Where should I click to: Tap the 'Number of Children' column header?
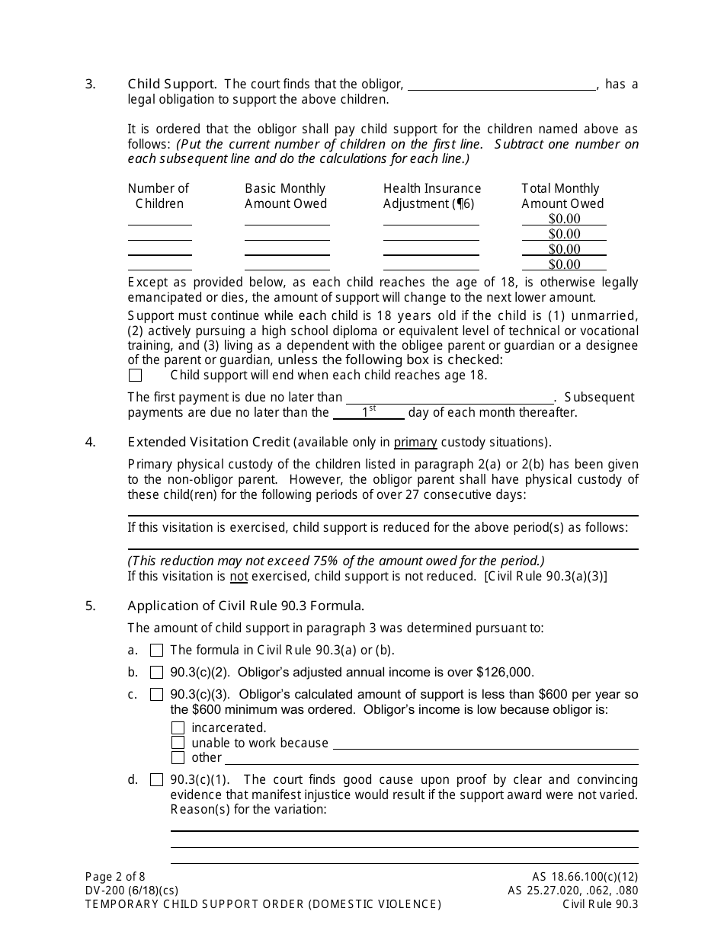(159, 196)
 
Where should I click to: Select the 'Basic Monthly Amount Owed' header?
(286, 196)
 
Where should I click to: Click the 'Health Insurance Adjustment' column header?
(432, 196)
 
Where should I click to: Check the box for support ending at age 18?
(136, 376)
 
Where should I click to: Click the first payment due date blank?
(450, 398)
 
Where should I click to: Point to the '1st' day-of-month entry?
(369, 411)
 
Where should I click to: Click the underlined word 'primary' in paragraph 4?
(415, 442)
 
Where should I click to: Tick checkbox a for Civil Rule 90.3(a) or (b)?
(157, 651)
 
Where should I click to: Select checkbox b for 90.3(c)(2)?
(157, 673)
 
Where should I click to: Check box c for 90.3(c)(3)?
(157, 695)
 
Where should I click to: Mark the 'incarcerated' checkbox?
(178, 728)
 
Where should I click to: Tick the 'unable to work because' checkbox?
(178, 743)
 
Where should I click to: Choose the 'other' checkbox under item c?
(178, 758)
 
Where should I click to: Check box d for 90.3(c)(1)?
(157, 780)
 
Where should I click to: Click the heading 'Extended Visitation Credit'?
(209, 442)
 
